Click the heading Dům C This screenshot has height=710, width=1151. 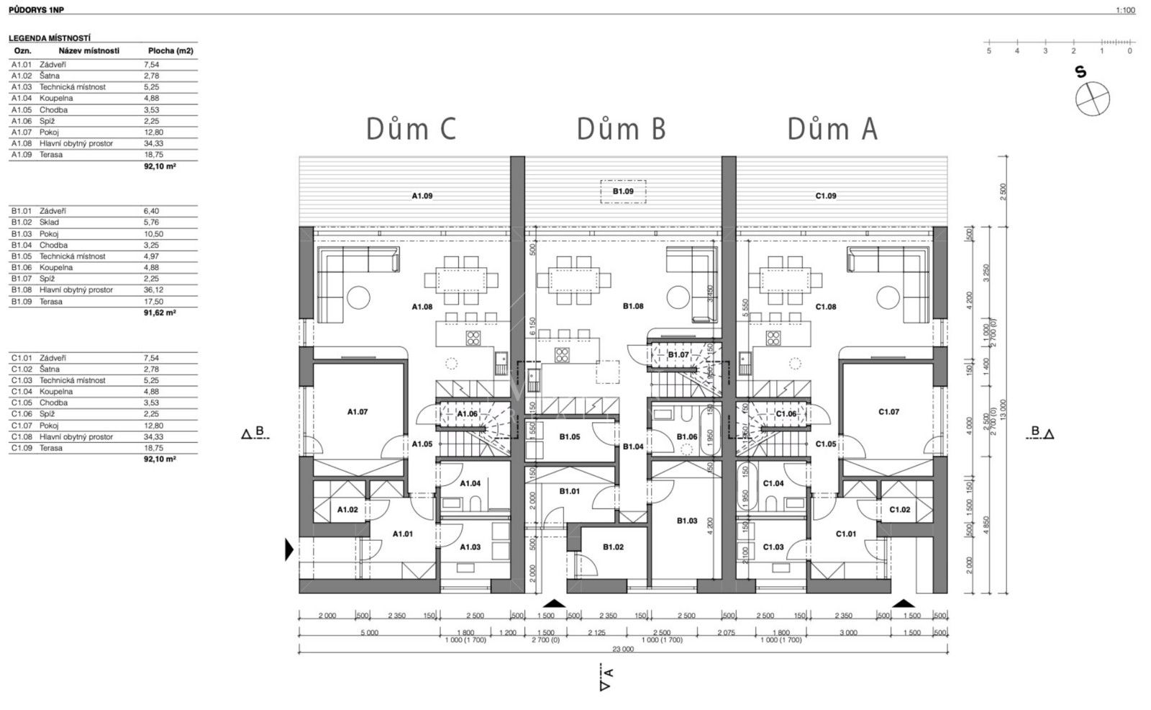(x=411, y=129)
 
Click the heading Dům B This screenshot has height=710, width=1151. (x=621, y=129)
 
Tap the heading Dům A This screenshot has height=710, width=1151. (x=832, y=129)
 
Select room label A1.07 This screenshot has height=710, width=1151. (x=358, y=412)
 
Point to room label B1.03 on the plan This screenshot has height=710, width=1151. (x=687, y=521)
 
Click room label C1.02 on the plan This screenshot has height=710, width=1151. (x=899, y=509)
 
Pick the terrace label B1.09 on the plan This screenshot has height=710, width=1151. (x=623, y=192)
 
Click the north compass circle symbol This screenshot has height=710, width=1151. (x=1092, y=99)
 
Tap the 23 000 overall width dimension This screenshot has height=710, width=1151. (x=623, y=649)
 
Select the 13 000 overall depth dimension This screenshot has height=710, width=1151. (x=1003, y=408)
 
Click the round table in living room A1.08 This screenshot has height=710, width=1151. (x=358, y=296)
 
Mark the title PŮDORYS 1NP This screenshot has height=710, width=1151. (x=36, y=10)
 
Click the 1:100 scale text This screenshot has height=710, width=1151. (x=1125, y=10)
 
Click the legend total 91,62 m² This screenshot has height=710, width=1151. (x=160, y=313)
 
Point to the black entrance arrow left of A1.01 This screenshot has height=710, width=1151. (x=289, y=549)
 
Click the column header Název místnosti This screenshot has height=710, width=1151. (x=89, y=51)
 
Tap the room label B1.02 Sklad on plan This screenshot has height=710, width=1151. (x=613, y=547)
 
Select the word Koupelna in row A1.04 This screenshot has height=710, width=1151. (x=56, y=98)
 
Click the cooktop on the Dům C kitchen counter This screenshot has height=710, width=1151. (x=473, y=338)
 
